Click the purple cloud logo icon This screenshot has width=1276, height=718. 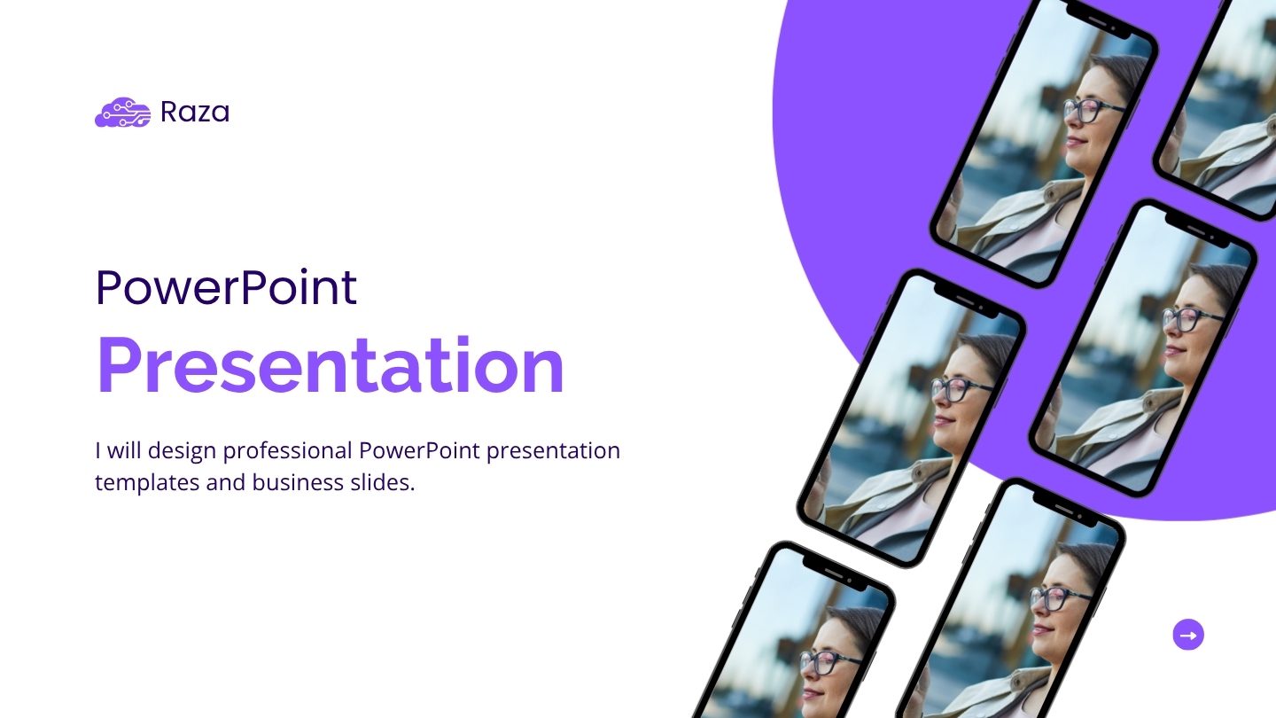122,113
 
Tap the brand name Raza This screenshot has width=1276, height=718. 194,113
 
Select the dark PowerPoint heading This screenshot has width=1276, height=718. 226,287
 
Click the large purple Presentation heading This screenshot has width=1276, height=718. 330,365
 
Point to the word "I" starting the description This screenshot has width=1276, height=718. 97,450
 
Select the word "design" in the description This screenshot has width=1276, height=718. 182,451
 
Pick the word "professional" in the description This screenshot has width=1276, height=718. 287,451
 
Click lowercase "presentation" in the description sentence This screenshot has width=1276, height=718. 553,451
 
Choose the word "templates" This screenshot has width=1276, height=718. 137,483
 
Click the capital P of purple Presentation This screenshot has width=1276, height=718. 119,365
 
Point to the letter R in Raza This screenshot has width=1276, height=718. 169,113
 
